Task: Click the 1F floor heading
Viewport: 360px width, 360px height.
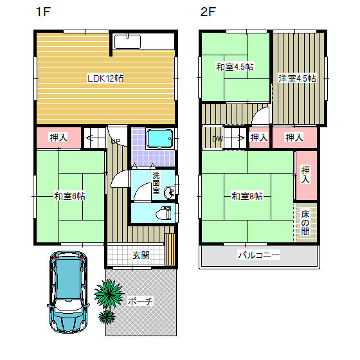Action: point(43,12)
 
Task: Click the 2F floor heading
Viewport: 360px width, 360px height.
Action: point(208,12)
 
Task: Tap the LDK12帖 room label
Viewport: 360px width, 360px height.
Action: point(105,78)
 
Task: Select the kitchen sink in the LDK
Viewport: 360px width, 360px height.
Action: point(127,42)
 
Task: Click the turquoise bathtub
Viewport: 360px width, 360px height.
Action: point(160,138)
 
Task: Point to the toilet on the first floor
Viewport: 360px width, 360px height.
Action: point(163,213)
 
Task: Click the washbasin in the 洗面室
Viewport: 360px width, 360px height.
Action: point(170,192)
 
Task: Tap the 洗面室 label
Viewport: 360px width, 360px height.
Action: point(156,183)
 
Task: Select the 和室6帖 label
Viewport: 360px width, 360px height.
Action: point(69,196)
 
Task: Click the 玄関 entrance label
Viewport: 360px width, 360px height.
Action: point(141,255)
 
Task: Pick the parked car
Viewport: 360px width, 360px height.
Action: point(68,292)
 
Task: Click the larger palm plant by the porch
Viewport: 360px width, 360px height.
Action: point(109,294)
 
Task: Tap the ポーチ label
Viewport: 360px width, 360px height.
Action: point(140,301)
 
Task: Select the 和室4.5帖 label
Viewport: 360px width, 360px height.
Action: point(235,67)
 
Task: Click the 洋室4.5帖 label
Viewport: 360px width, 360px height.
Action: point(297,78)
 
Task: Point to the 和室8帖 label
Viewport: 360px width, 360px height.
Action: point(247,196)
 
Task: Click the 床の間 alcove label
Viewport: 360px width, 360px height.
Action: point(305,223)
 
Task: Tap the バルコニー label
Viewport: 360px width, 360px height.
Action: point(259,255)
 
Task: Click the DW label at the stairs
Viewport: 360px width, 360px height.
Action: point(217,139)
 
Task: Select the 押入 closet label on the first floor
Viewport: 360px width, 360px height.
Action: point(59,138)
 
